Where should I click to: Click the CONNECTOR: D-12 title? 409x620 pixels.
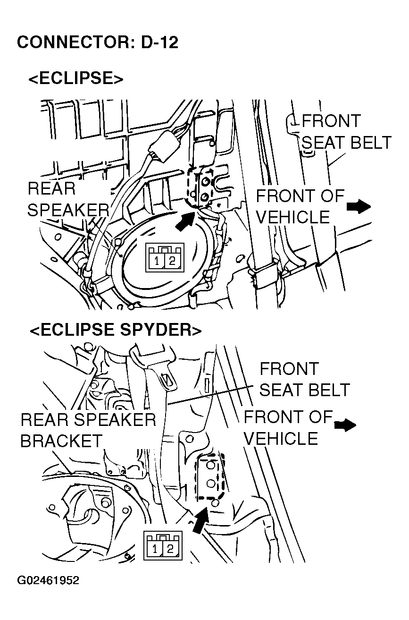(98, 42)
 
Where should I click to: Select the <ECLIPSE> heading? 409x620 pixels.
(75, 78)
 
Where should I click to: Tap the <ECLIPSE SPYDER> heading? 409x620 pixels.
(116, 330)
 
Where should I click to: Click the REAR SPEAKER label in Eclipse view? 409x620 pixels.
(67, 199)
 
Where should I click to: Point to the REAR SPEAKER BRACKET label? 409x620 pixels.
(88, 430)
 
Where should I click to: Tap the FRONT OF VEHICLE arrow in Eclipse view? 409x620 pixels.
(359, 206)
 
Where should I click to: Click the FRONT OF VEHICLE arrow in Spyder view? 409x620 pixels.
(345, 425)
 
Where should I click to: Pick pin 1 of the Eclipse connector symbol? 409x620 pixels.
(156, 261)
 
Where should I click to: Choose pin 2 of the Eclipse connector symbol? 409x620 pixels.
(172, 261)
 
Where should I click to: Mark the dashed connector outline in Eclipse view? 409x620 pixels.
(198, 185)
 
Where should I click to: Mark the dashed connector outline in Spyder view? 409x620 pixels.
(209, 477)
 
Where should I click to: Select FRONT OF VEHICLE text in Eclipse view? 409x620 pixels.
(300, 206)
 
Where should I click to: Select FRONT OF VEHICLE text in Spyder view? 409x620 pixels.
(288, 428)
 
